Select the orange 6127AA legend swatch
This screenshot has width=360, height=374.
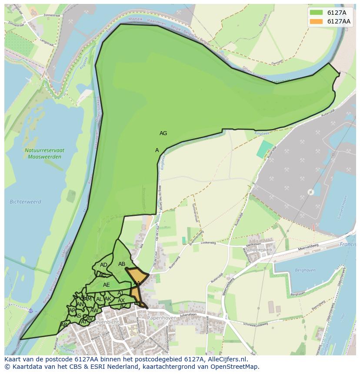click(316, 21)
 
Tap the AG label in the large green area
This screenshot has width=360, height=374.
click(163, 133)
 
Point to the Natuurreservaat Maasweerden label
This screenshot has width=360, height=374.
click(44, 153)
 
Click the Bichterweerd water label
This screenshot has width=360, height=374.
click(25, 202)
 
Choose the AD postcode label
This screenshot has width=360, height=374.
click(103, 265)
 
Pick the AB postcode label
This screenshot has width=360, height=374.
click(122, 264)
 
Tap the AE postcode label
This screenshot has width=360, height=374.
click(107, 285)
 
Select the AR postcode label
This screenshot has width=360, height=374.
click(64, 325)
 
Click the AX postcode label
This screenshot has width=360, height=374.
click(121, 301)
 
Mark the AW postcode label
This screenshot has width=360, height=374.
click(94, 311)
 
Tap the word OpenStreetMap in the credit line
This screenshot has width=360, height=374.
click(236, 367)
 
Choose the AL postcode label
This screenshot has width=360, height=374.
click(99, 299)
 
